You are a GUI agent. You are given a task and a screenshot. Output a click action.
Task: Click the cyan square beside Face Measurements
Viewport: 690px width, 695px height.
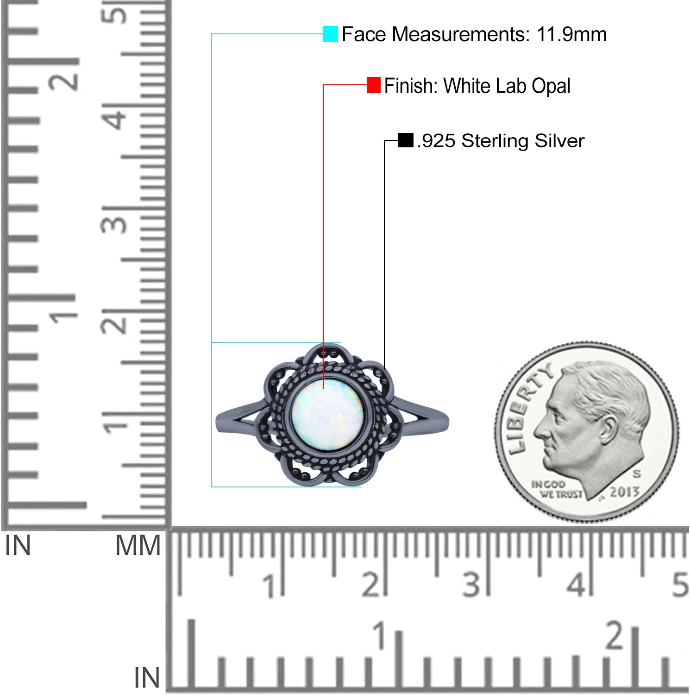tap(330, 34)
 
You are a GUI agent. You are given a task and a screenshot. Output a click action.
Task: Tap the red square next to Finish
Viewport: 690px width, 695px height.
tap(373, 85)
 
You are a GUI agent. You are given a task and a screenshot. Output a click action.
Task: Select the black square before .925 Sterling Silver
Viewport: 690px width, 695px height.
tap(406, 140)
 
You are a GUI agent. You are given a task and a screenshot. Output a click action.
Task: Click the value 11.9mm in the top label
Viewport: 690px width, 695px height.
tap(571, 34)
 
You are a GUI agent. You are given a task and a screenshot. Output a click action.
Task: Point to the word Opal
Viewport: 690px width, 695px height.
tap(551, 87)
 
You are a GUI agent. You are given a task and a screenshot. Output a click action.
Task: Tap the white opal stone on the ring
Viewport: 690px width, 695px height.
tap(327, 415)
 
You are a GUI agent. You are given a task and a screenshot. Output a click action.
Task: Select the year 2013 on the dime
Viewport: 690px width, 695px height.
tap(625, 492)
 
